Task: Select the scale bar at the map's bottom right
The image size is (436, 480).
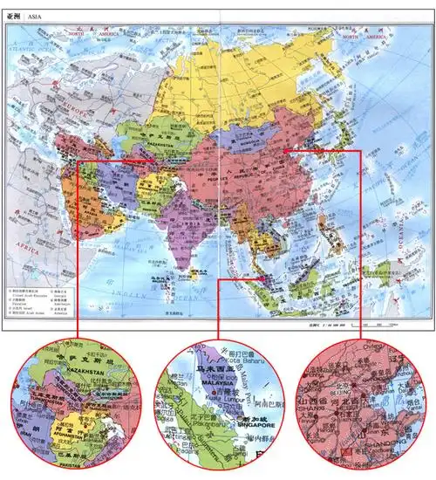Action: pyautogui.click(x=358, y=326)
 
